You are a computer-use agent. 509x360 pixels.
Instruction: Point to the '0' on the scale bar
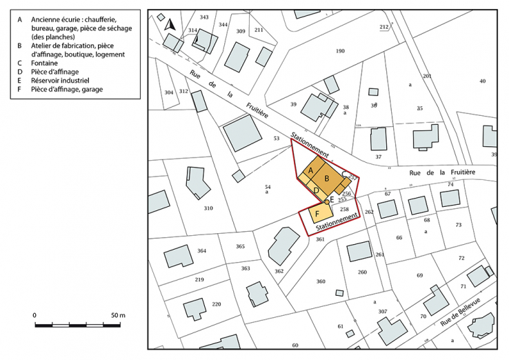pyautogui.click(x=34, y=314)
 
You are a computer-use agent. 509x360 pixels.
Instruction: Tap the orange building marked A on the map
pyautogui.click(x=310, y=170)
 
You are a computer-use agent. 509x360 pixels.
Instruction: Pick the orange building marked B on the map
pyautogui.click(x=327, y=179)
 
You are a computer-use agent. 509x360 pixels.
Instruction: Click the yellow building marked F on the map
pyautogui.click(x=318, y=212)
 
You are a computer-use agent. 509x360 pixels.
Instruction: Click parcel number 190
pyautogui.click(x=340, y=52)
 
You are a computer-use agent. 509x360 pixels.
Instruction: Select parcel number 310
pyautogui.click(x=208, y=208)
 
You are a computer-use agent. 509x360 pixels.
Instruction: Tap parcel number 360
pyautogui.click(x=321, y=281)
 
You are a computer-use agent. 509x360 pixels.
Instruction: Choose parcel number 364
pyautogui.click(x=201, y=250)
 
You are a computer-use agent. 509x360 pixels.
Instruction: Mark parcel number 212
pyautogui.click(x=384, y=26)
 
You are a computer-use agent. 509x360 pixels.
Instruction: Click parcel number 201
pyautogui.click(x=427, y=76)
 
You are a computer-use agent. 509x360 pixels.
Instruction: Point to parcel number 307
pyautogui.click(x=383, y=312)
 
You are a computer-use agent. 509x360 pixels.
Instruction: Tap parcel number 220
pyautogui.click(x=216, y=304)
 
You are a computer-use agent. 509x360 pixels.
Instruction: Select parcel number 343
pyautogui.click(x=204, y=17)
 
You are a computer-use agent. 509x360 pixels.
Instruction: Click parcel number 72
pyautogui.click(x=461, y=258)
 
